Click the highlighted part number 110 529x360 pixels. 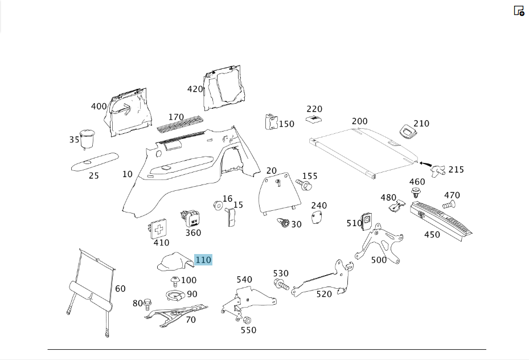[x=203, y=260]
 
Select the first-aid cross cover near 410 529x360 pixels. [x=158, y=230]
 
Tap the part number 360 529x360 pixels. [x=193, y=233]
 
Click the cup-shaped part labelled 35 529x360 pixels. [x=87, y=138]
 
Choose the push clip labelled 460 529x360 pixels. [x=417, y=194]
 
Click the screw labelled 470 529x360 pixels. [x=448, y=204]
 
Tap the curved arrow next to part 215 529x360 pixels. [x=425, y=164]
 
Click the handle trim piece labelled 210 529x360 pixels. [x=408, y=130]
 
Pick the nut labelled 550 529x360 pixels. [x=247, y=320]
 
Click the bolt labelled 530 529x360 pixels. [x=281, y=284]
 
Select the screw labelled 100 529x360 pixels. [x=175, y=281]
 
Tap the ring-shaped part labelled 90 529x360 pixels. [x=175, y=296]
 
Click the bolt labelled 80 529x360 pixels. [x=147, y=304]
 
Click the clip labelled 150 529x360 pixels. [x=270, y=121]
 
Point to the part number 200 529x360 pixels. [x=360, y=121]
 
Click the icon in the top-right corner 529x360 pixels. [x=519, y=11]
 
